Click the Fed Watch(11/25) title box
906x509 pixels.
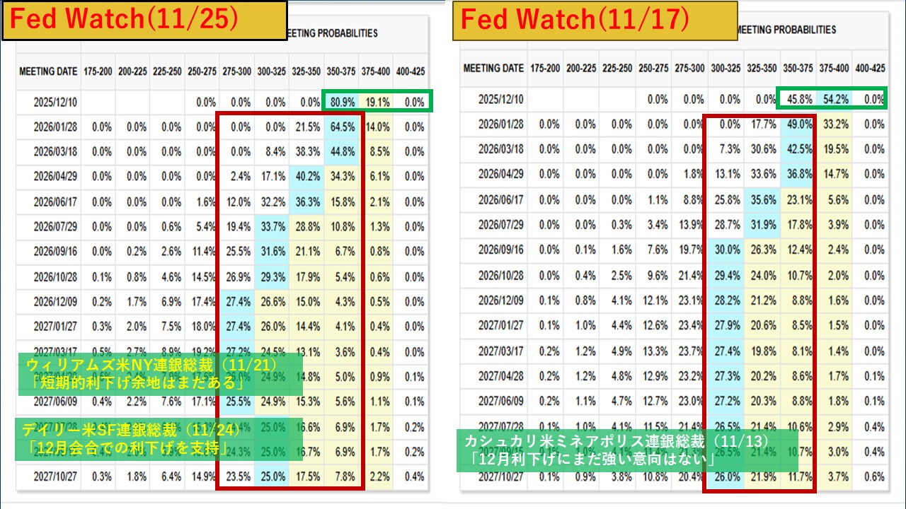click(x=144, y=20)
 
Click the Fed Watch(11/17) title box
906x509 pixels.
click(x=595, y=20)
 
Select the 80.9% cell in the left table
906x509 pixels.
click(x=342, y=102)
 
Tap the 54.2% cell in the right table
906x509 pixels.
click(x=835, y=100)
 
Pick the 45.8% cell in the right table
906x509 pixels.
click(x=798, y=100)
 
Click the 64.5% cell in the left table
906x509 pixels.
click(x=342, y=127)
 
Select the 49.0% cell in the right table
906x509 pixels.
click(x=798, y=124)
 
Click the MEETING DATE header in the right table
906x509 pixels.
click(x=493, y=69)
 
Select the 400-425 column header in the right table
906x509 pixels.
click(x=870, y=69)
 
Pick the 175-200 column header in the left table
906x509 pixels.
click(x=98, y=71)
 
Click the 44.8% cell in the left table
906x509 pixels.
click(x=342, y=151)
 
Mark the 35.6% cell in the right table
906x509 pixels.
click(x=762, y=200)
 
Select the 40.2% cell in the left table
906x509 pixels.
click(x=307, y=176)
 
